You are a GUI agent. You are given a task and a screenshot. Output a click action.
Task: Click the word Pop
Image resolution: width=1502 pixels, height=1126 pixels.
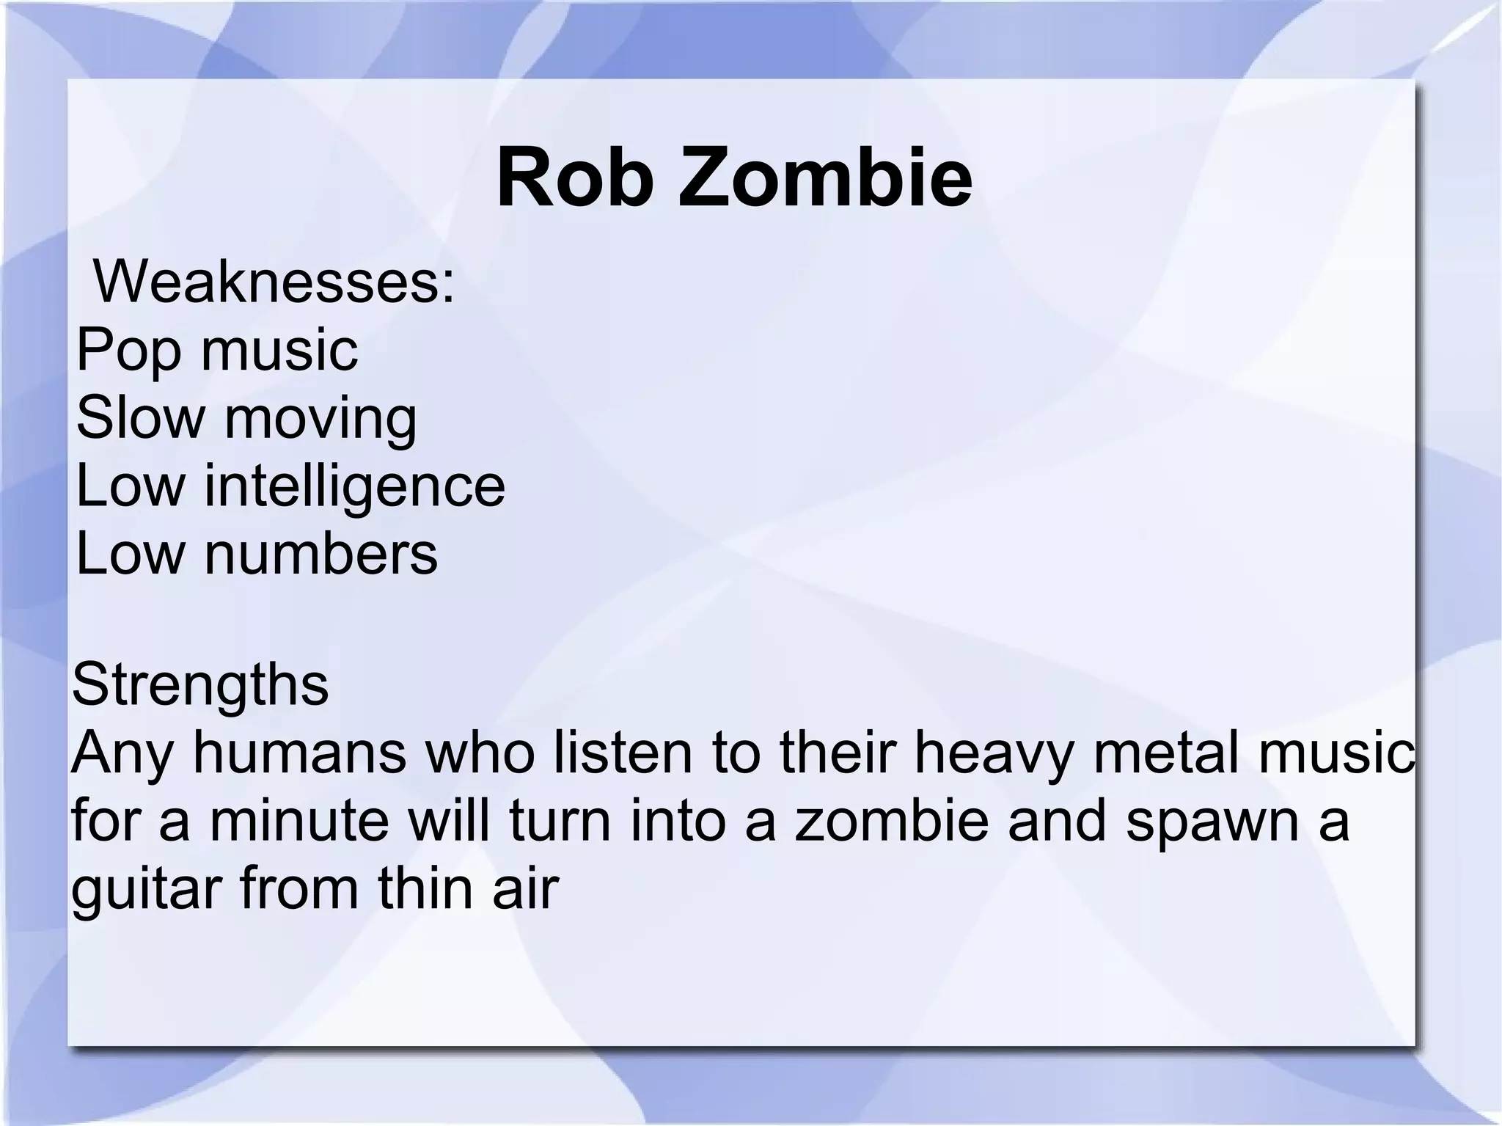(128, 351)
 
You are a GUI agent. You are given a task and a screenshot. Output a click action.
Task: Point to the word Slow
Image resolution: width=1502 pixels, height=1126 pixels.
(140, 417)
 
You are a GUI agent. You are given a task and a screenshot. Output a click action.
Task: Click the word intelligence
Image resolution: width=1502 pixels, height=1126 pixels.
(354, 486)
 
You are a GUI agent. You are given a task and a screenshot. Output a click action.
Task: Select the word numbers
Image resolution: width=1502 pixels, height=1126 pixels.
(320, 553)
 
